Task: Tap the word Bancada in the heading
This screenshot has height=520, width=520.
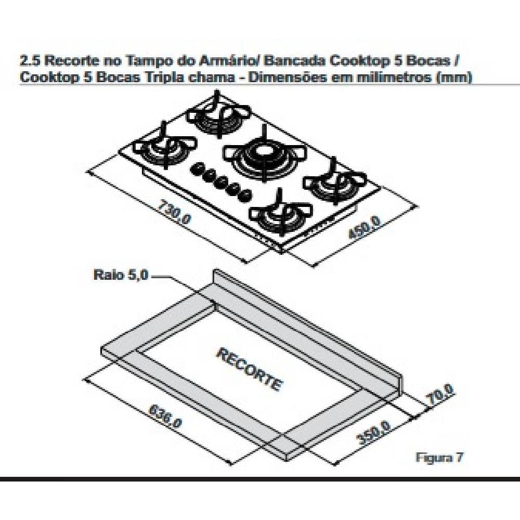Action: (x=294, y=60)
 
